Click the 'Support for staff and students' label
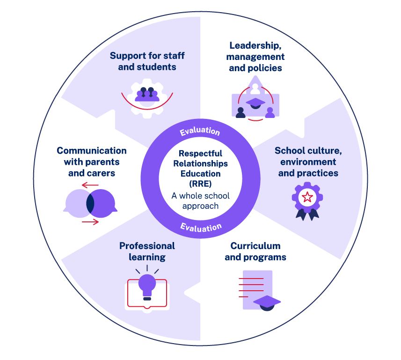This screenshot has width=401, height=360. [147, 61]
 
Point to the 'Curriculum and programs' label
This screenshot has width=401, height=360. [255, 251]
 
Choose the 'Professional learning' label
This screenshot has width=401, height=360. [147, 251]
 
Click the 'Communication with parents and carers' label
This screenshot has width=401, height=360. [92, 162]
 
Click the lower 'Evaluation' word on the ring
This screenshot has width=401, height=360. [201, 227]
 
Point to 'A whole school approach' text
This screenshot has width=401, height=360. [200, 201]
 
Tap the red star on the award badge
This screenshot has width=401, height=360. [307, 198]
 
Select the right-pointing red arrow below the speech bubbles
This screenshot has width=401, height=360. [90, 221]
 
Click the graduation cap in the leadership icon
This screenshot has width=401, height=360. [255, 102]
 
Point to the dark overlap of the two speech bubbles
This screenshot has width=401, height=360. [90, 203]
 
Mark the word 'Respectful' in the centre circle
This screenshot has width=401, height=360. [200, 154]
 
